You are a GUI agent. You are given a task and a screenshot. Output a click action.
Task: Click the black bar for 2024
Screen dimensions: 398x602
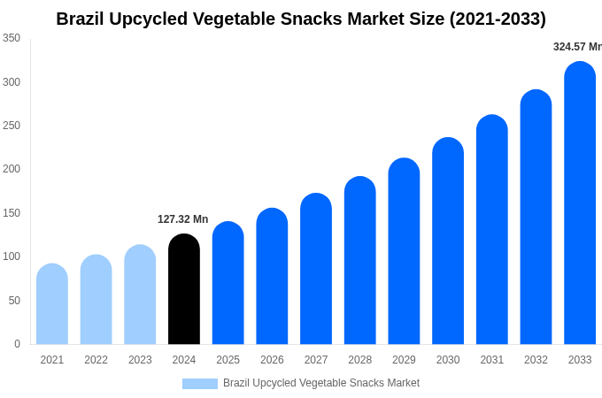pos(184,289)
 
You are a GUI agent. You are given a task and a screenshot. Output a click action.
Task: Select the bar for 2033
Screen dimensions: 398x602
pos(580,203)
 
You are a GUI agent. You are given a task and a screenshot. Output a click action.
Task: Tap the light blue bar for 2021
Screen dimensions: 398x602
pos(52,304)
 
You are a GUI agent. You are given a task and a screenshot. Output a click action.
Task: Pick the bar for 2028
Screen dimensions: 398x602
pos(360,261)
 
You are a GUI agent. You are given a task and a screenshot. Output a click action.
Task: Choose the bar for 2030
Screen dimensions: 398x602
pos(448,241)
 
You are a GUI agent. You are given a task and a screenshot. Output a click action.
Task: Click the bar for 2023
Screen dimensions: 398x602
pos(140,295)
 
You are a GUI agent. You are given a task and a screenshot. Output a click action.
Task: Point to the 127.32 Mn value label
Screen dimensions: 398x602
pos(183,219)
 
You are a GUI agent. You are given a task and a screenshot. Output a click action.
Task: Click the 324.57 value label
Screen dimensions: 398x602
pos(576,47)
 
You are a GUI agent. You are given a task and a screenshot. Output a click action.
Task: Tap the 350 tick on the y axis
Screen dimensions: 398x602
pos(12,38)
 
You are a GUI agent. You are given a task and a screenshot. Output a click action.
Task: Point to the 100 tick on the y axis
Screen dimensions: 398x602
pos(12,256)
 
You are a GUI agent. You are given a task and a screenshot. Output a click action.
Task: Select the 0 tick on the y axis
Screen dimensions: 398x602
pos(17,344)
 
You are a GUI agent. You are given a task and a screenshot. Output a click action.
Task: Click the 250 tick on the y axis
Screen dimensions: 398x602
pos(12,126)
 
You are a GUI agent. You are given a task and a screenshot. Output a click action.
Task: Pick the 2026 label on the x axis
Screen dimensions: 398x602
pos(272,360)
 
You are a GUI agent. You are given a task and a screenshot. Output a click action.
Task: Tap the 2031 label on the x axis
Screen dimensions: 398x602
pos(492,360)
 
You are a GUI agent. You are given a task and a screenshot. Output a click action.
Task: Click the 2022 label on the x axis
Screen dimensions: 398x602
pos(96,360)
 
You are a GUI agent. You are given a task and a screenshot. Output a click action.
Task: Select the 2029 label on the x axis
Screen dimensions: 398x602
pos(404,360)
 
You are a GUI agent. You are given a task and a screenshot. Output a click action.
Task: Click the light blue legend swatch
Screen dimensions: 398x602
pos(200,384)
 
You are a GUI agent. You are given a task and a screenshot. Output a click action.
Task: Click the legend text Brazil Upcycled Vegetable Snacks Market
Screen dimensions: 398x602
pos(321,383)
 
